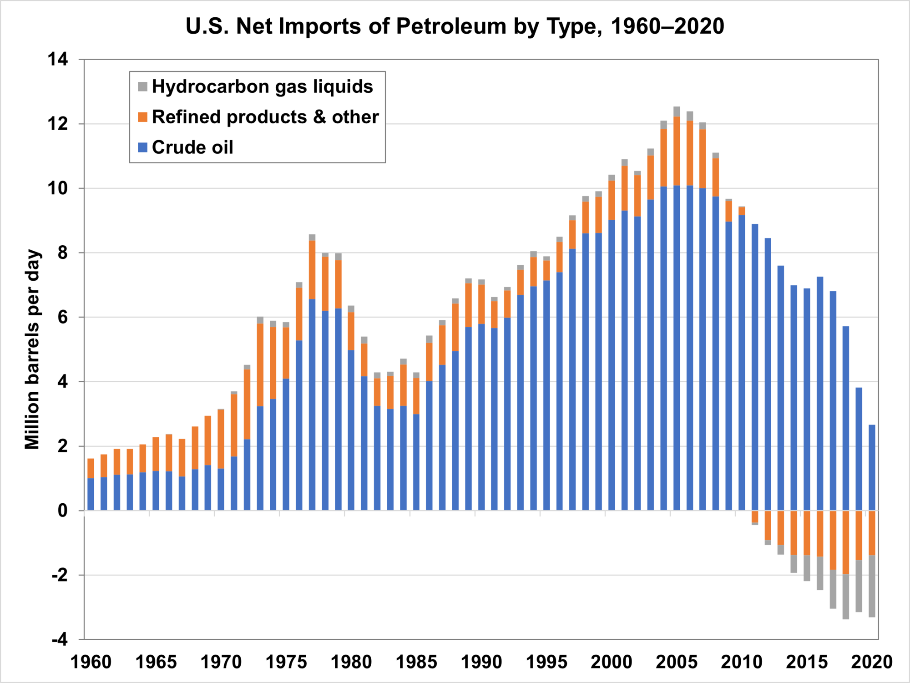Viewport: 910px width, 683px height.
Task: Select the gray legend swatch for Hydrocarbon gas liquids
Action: tap(143, 86)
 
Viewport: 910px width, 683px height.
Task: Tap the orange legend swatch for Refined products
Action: tap(143, 117)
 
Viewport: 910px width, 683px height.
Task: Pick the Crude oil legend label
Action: tap(192, 147)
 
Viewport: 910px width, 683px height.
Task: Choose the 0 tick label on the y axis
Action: tap(63, 511)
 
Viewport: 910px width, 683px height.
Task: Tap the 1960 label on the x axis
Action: tap(91, 662)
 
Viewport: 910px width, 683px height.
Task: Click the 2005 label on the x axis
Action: tap(676, 662)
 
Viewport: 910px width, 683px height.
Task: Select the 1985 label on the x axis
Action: tap(416, 662)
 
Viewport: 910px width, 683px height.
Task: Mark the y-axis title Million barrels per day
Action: tap(33, 349)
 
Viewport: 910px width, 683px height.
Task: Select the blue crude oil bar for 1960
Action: tap(91, 494)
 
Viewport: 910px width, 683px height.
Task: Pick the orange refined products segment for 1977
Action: tap(312, 270)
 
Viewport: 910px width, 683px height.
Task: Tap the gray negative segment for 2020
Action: tap(872, 586)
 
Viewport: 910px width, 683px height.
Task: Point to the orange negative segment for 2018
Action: tap(846, 542)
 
